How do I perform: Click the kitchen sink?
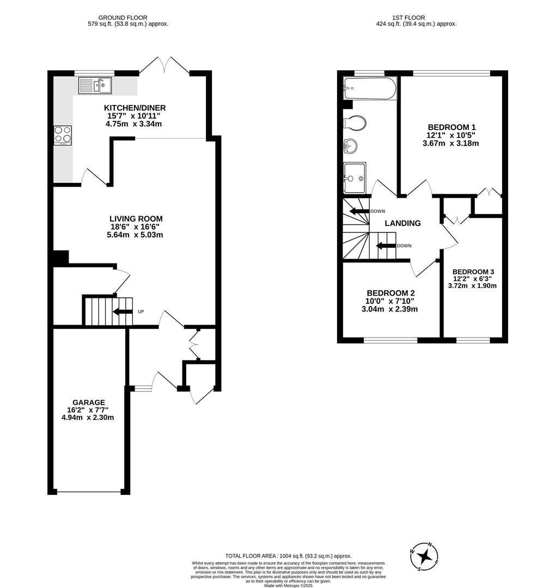[x=95, y=85]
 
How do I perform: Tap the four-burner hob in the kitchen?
[x=63, y=136]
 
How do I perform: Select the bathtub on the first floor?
[x=370, y=89]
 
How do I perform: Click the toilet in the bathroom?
[x=355, y=122]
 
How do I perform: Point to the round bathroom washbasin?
[x=350, y=146]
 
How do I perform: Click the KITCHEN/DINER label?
[x=135, y=108]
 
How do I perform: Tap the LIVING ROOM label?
[x=136, y=219]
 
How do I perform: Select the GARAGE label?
[x=89, y=402]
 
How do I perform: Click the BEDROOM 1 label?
[x=452, y=127]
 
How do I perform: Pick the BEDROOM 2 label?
[x=391, y=293]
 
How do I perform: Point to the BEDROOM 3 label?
[x=473, y=272]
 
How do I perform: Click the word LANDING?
[x=402, y=223]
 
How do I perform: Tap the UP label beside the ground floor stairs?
[x=141, y=311]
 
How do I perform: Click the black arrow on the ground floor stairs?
[x=123, y=311]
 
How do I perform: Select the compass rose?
[x=424, y=556]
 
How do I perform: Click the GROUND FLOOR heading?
[x=123, y=17]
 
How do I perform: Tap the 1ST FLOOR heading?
[x=408, y=17]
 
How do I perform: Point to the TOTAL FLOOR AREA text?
[x=288, y=556]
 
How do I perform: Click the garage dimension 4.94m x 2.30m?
[x=88, y=418]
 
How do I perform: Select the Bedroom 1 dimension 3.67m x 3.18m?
[x=450, y=143]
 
